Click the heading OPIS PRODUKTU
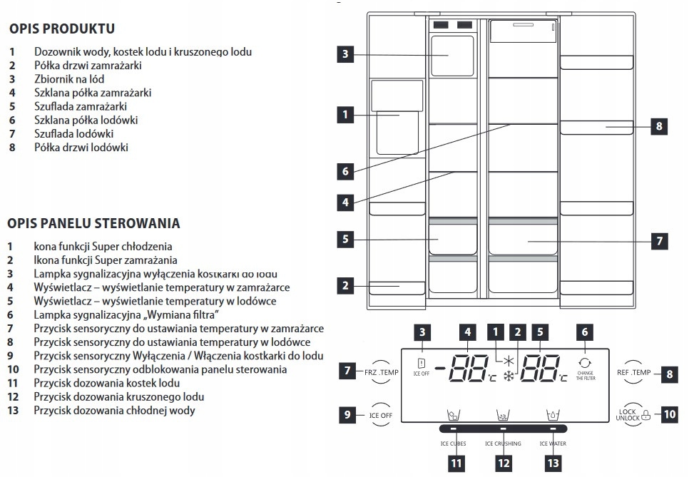click(x=62, y=29)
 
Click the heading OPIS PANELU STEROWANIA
click(x=93, y=223)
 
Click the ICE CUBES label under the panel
click(x=453, y=443)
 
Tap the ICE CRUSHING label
click(x=503, y=443)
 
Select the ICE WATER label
click(x=553, y=443)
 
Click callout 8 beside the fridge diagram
click(x=658, y=126)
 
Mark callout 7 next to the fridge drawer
click(x=658, y=241)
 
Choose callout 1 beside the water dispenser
click(x=345, y=114)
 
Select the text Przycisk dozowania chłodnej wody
click(x=114, y=410)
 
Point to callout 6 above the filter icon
click(x=585, y=332)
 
